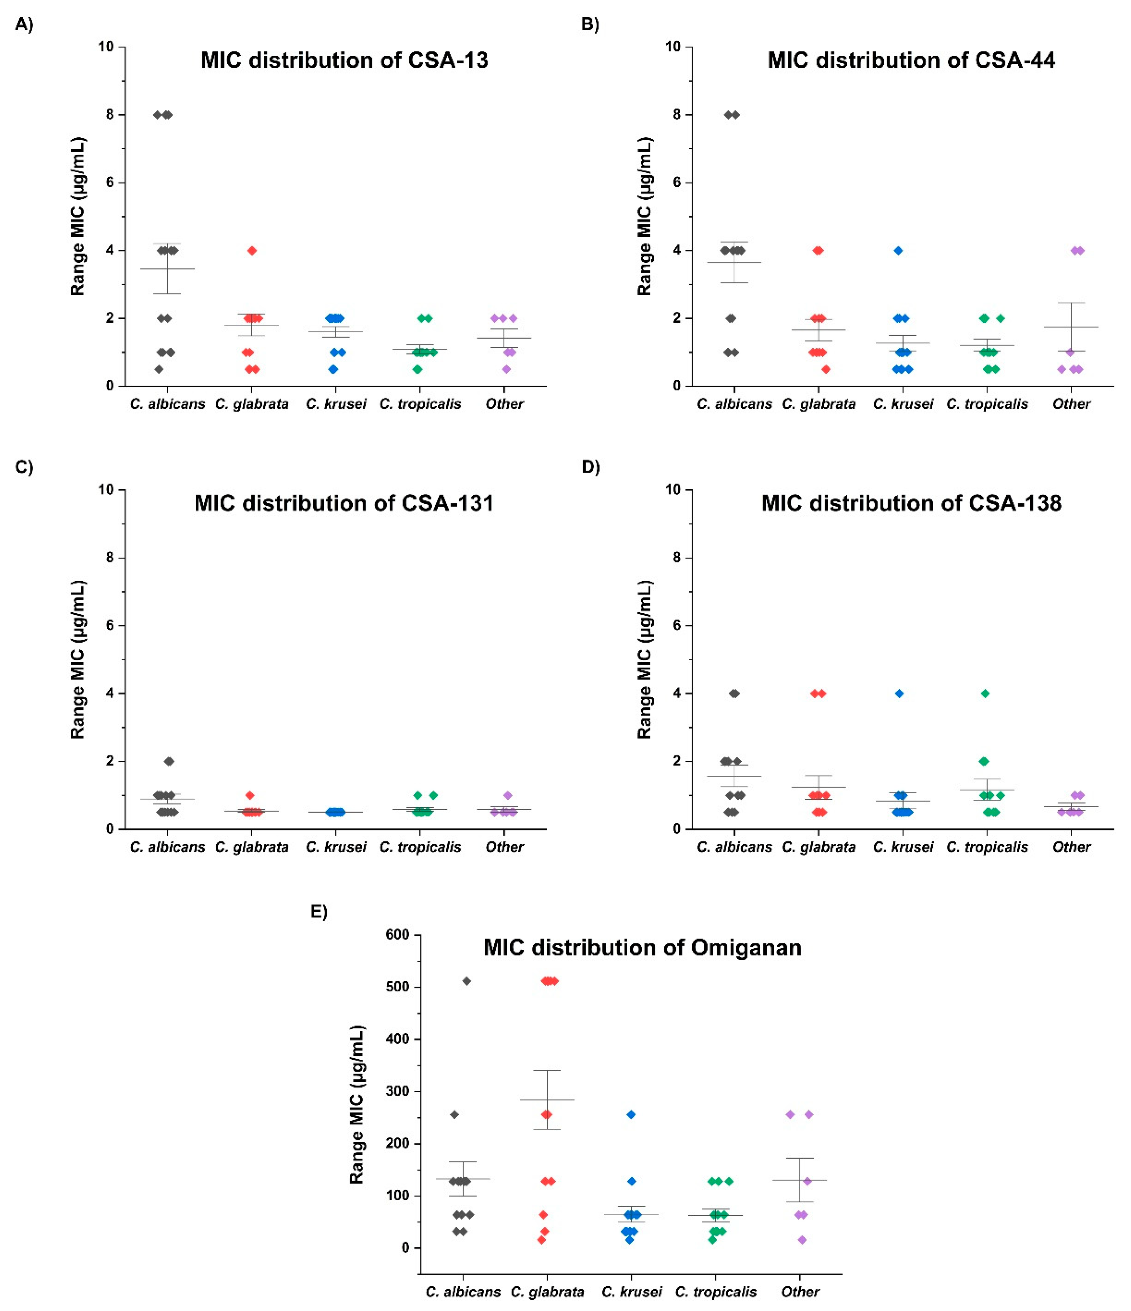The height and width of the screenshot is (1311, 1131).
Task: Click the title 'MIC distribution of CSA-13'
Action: tap(344, 60)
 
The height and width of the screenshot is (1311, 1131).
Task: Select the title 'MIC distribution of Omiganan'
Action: tap(642, 947)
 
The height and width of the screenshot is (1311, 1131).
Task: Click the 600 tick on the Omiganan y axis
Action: tap(397, 934)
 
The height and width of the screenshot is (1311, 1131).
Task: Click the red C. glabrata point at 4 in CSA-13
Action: tap(252, 251)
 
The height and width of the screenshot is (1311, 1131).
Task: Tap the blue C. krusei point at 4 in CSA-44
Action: tap(898, 251)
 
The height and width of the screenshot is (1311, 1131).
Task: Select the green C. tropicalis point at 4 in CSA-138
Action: tap(985, 693)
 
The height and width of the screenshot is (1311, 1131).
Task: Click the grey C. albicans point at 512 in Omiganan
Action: tap(467, 981)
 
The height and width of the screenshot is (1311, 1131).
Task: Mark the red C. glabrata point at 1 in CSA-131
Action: tap(250, 795)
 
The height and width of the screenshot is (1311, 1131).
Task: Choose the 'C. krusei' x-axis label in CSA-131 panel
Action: tap(336, 847)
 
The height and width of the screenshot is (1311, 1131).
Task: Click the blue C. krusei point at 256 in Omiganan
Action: tap(631, 1114)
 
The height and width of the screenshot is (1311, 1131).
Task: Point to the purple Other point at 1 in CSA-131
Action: tap(508, 795)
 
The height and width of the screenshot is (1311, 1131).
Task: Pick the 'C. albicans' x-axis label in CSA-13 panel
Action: tap(168, 404)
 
